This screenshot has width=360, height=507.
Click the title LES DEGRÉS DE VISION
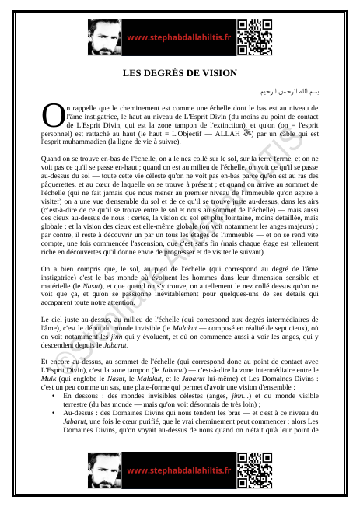(x=180, y=73)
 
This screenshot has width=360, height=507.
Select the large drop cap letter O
(x=53, y=114)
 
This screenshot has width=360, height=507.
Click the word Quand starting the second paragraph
(x=51, y=159)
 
